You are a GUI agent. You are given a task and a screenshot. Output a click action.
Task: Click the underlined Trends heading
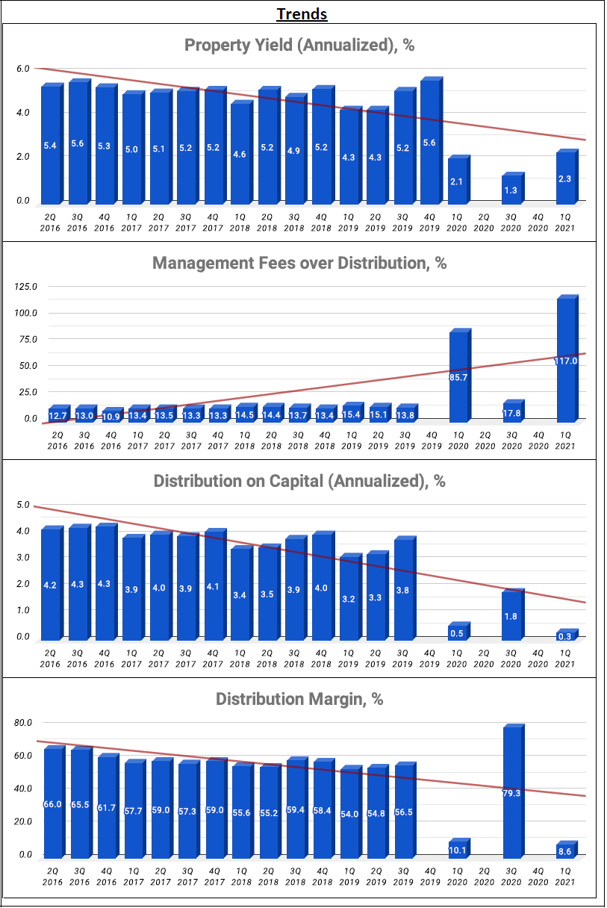(x=302, y=13)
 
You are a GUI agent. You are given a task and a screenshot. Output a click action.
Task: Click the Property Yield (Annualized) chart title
(x=299, y=45)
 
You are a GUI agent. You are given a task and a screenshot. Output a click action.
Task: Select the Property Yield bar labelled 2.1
(x=456, y=180)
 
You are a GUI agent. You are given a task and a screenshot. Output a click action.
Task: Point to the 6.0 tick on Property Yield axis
(x=23, y=69)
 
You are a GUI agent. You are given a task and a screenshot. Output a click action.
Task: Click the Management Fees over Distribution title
(x=299, y=263)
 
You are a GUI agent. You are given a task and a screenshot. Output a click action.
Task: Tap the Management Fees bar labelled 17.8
(x=511, y=411)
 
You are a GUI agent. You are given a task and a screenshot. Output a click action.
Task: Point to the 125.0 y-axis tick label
(x=25, y=287)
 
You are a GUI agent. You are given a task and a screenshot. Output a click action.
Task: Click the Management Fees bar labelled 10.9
(x=110, y=414)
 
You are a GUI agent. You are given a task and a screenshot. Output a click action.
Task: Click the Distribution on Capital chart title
(x=299, y=481)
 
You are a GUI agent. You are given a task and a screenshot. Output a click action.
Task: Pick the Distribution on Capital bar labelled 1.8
(x=511, y=616)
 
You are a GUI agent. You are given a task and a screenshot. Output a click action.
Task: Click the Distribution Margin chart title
(x=299, y=699)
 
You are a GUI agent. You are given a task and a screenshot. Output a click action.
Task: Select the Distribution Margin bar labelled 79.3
(x=511, y=792)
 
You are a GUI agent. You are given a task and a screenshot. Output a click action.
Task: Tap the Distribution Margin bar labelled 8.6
(x=565, y=851)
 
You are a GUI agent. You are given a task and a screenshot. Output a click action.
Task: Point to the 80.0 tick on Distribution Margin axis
(x=23, y=723)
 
